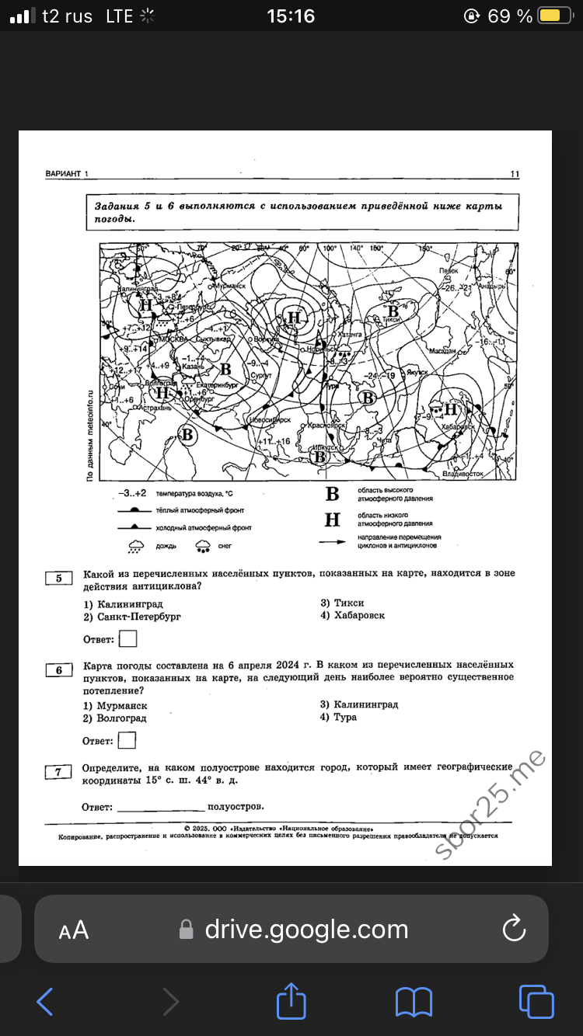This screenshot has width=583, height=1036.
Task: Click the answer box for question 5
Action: coord(128,638)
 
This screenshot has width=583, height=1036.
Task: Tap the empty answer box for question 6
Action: coord(127,740)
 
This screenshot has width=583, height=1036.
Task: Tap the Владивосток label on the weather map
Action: coord(463,473)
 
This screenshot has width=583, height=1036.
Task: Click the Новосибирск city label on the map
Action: coord(270,420)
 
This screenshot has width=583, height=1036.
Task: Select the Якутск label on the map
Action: coord(417,372)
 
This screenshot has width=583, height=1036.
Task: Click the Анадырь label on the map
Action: coord(491,286)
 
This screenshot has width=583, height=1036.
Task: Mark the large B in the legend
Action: coord(332,494)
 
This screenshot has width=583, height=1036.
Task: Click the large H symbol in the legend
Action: coord(332,520)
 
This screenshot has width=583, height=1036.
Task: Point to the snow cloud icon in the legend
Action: coord(204,546)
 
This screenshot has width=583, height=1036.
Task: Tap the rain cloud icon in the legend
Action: coord(136,546)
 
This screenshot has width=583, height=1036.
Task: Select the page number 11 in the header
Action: coord(515,174)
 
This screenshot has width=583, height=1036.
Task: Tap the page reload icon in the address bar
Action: coord(515,929)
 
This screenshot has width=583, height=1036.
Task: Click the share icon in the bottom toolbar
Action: coord(291,1001)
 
